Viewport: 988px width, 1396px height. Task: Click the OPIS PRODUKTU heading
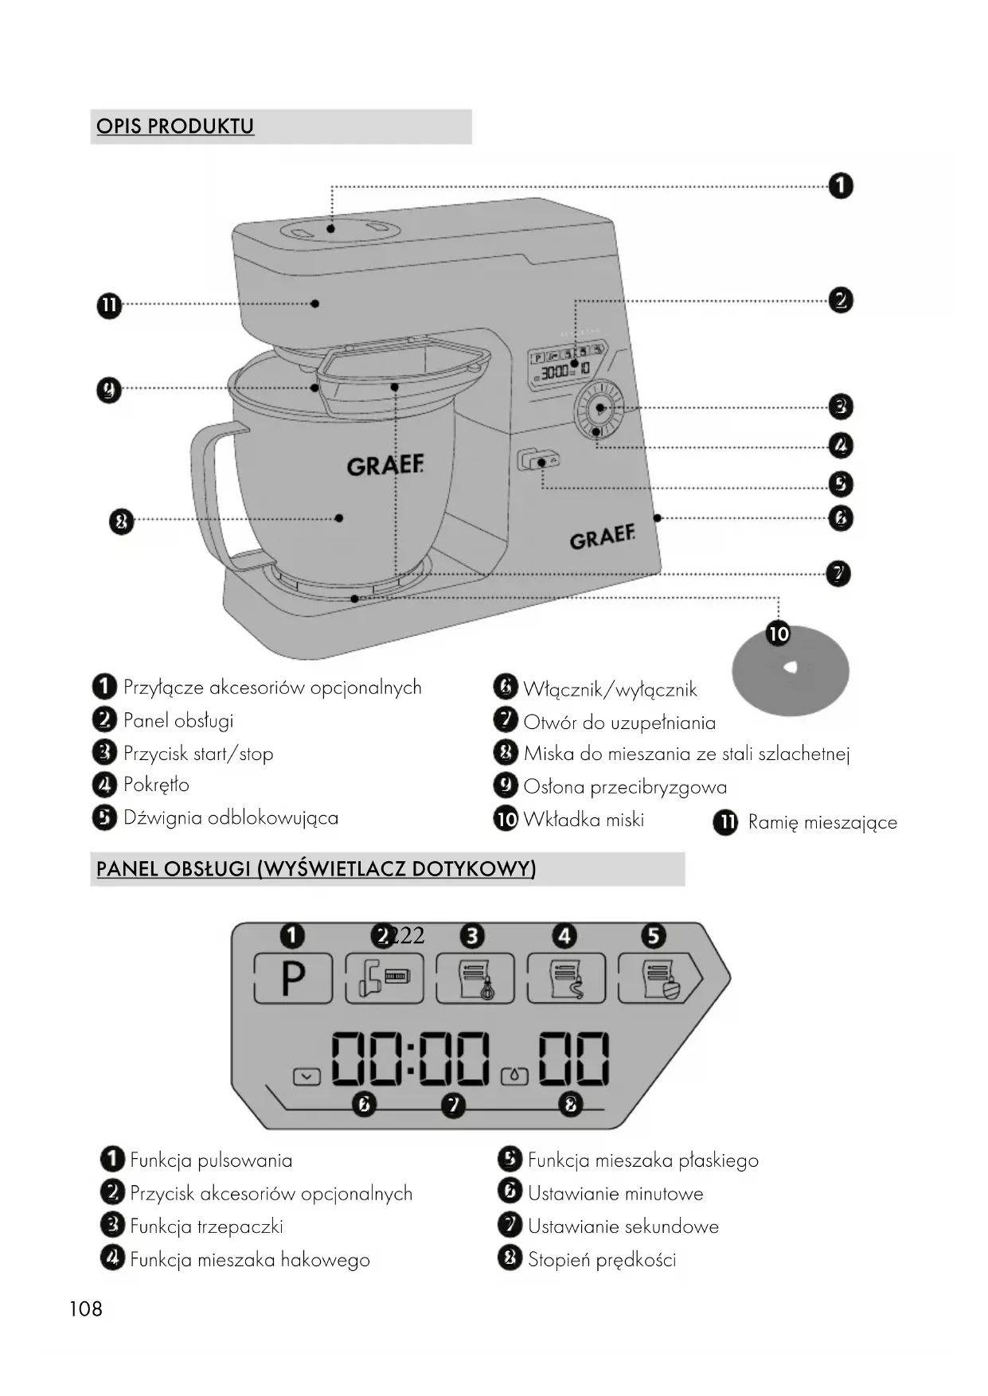coord(175,127)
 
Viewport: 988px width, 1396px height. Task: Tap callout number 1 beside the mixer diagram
coord(841,186)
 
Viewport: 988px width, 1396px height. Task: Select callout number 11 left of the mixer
coord(109,306)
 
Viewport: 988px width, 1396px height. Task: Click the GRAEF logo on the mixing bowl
coord(385,466)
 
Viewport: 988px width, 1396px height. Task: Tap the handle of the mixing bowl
coord(209,493)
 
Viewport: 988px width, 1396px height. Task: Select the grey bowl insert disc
coord(790,670)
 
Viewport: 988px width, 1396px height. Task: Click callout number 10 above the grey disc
coord(778,634)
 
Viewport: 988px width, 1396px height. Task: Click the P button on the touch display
coord(293,977)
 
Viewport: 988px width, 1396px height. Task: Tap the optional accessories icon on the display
coord(385,978)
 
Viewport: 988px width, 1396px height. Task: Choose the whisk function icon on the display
coord(475,978)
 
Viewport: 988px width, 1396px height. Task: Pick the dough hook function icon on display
coord(566,978)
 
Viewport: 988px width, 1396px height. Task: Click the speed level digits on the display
coord(573,1059)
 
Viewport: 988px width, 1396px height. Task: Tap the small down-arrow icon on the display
coord(307,1077)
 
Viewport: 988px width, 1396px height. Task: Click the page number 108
coord(86,1309)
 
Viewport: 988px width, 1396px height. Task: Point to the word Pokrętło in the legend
coord(156,785)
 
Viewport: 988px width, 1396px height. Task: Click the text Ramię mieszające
coord(822,822)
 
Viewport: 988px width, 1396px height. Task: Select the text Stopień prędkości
coord(602,1260)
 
